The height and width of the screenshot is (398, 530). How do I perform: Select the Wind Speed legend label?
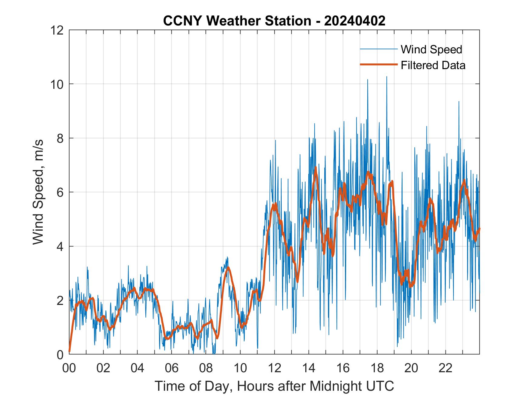[x=431, y=49]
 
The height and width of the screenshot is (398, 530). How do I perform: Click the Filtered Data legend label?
[x=433, y=65]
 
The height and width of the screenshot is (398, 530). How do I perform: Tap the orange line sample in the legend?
[x=379, y=65]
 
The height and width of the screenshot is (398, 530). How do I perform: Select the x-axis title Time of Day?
[x=274, y=386]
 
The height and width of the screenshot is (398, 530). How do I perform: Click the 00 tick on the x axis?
[x=69, y=368]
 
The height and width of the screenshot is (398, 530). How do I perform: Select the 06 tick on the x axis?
[x=172, y=368]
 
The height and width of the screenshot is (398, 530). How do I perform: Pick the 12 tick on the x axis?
[x=274, y=368]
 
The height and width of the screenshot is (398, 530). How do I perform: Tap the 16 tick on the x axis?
[x=343, y=368]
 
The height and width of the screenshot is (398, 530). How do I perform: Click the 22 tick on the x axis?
[x=446, y=368]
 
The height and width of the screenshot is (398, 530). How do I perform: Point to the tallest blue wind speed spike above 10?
[x=386, y=77]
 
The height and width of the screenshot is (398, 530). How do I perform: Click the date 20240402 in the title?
[x=355, y=21]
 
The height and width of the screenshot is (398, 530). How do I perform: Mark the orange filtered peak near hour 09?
[x=228, y=267]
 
